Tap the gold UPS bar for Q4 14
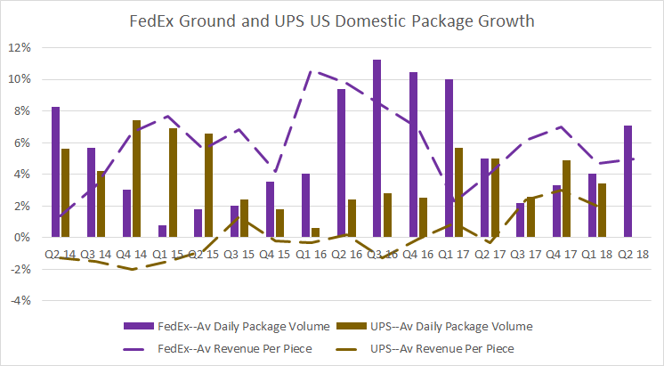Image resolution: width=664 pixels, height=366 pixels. click(x=137, y=178)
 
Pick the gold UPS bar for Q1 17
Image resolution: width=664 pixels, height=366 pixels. click(x=459, y=192)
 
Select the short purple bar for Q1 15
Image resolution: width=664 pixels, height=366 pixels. click(x=163, y=231)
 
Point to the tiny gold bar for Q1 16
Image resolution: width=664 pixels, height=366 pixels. click(x=316, y=232)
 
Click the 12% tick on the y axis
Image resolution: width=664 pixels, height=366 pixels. click(x=23, y=47)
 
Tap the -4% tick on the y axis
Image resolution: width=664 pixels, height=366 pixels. click(x=23, y=300)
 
